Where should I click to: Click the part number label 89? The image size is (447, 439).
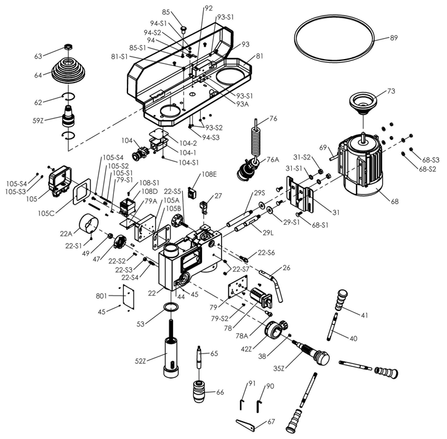pos(394,38)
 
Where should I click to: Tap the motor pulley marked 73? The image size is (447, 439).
pos(362,102)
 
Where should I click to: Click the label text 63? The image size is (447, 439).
pos(38,57)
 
